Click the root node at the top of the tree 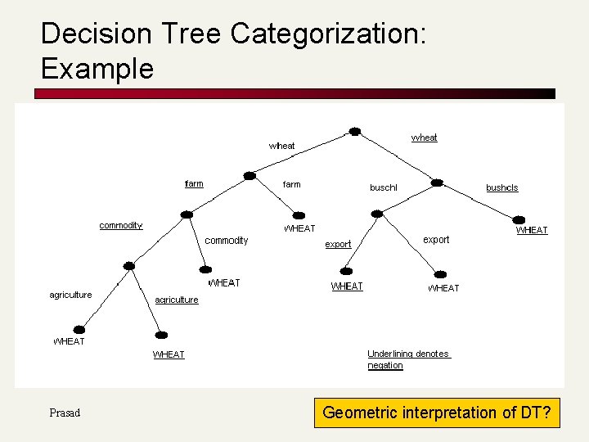(x=354, y=131)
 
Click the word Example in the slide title (x=97, y=69)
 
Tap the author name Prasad (x=65, y=413)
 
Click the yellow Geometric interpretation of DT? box (x=437, y=413)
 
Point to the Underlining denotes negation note (x=408, y=359)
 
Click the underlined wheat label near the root (x=424, y=138)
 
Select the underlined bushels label (x=501, y=187)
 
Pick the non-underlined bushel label (x=383, y=187)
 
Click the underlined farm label (x=194, y=183)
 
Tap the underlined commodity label (x=120, y=225)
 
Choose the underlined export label (x=338, y=244)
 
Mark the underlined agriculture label (x=177, y=300)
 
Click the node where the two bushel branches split (x=437, y=183)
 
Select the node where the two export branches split (x=376, y=214)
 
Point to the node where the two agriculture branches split (x=128, y=265)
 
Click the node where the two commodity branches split (x=187, y=214)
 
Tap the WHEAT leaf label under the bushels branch (x=531, y=230)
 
